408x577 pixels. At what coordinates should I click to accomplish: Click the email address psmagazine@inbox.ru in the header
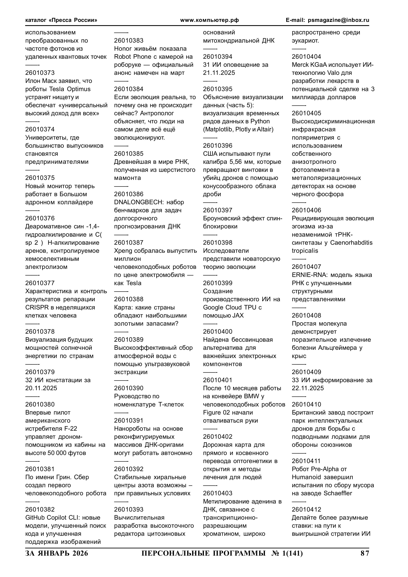(x=338, y=20)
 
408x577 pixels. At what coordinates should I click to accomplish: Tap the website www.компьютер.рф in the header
(x=209, y=20)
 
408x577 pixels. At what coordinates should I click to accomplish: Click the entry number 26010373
(x=40, y=73)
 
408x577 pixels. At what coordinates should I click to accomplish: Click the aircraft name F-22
(x=70, y=429)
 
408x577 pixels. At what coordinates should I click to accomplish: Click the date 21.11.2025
(x=219, y=73)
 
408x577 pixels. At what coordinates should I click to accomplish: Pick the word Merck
(x=300, y=65)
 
